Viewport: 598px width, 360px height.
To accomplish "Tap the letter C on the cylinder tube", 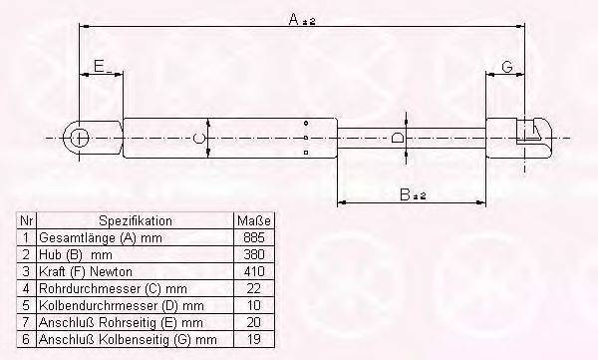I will tap(199, 137).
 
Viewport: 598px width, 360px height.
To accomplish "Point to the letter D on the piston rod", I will tap(397, 138).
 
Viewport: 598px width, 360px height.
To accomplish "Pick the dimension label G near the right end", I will tap(506, 68).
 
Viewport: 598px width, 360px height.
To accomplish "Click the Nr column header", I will tap(27, 221).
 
